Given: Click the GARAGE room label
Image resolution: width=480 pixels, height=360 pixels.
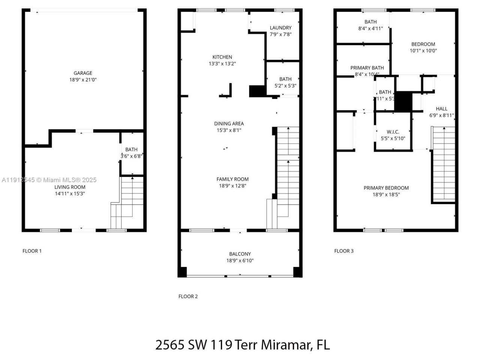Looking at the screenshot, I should pyautogui.click(x=82, y=73).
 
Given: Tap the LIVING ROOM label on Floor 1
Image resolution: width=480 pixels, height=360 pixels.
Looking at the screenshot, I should pyautogui.click(x=70, y=187).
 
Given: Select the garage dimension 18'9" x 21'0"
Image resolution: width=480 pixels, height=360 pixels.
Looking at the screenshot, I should pyautogui.click(x=82, y=80).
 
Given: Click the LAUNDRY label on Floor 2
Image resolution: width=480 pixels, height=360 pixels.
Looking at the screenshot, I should pyautogui.click(x=280, y=28).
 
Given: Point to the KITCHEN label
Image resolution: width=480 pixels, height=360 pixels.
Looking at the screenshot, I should pyautogui.click(x=222, y=57).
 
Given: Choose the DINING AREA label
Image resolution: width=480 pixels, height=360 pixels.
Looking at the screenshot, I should pyautogui.click(x=229, y=123).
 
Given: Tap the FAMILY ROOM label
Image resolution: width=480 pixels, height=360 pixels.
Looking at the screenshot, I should pyautogui.click(x=232, y=179).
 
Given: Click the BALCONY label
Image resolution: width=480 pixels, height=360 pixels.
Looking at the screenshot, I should pyautogui.click(x=240, y=254).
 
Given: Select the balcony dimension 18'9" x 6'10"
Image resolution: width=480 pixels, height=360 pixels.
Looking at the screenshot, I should pyautogui.click(x=240, y=261).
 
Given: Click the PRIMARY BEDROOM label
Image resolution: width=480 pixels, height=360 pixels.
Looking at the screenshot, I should pyautogui.click(x=386, y=188).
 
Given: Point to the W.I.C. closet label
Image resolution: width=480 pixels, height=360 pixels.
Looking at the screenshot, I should pyautogui.click(x=393, y=132).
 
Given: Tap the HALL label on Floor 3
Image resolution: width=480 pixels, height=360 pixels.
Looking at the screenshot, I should pyautogui.click(x=441, y=109).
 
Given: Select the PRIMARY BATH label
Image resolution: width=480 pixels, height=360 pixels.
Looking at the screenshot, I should pyautogui.click(x=367, y=68).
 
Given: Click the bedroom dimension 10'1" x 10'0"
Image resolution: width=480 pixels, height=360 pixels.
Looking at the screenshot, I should pyautogui.click(x=423, y=51).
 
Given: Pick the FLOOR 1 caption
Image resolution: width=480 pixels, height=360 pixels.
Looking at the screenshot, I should pyautogui.click(x=32, y=251).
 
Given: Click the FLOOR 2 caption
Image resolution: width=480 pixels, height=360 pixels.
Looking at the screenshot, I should pyautogui.click(x=188, y=296).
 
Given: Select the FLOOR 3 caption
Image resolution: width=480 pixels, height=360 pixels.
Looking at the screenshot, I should pyautogui.click(x=343, y=251).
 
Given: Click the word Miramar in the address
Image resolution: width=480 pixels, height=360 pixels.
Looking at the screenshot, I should pyautogui.click(x=285, y=344).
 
